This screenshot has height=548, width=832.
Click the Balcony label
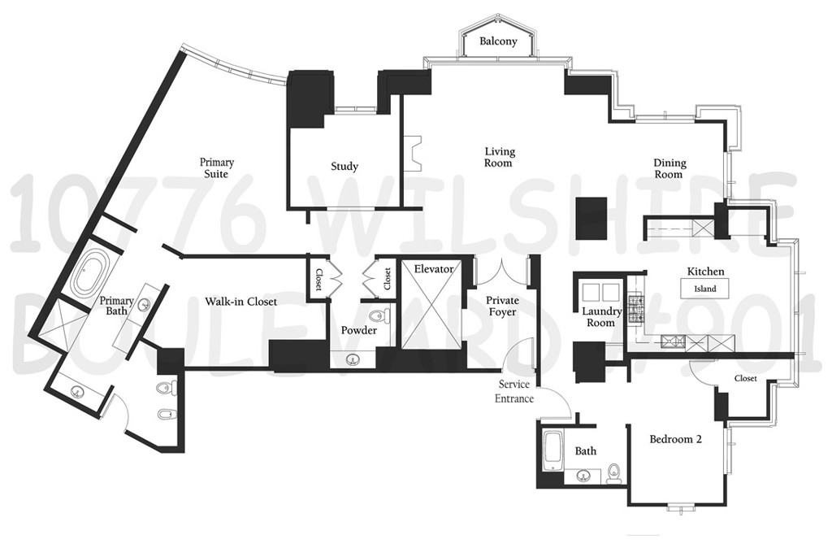(498, 41)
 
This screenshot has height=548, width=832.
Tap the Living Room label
(500, 157)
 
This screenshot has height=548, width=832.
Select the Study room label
(344, 167)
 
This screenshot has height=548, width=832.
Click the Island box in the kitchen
(704, 289)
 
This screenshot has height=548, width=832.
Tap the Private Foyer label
(502, 306)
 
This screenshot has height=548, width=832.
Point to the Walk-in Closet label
(240, 302)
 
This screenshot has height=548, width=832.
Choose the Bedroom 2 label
(675, 439)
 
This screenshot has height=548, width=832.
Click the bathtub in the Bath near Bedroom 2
(552, 450)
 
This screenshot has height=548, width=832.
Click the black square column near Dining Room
(591, 218)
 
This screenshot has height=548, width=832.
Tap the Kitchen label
(705, 271)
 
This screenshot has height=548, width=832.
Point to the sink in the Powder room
(353, 359)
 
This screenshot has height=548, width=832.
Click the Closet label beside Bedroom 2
(745, 378)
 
